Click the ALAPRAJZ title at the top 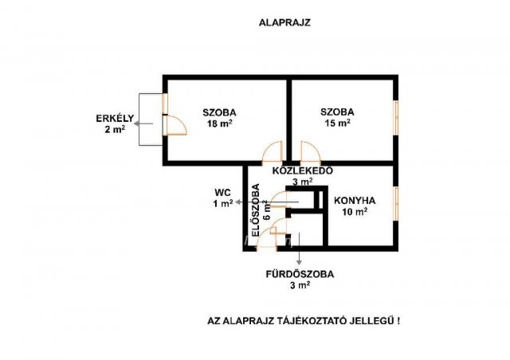(284, 23)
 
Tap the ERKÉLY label (115, 118)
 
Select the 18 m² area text (220, 123)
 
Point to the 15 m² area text (338, 123)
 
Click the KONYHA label (355, 201)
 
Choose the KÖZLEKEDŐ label (303, 170)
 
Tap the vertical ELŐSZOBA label (257, 210)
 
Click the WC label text (223, 192)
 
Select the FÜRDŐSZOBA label (300, 274)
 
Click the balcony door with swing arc (175, 125)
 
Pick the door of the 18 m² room (273, 152)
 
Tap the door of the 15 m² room (311, 152)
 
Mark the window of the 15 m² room (396, 118)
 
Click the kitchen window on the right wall (396, 204)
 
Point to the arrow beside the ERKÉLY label (143, 123)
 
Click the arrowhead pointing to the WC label (237, 202)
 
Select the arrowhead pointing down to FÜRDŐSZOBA (299, 262)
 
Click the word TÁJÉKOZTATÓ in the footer (312, 321)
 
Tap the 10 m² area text (355, 212)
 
